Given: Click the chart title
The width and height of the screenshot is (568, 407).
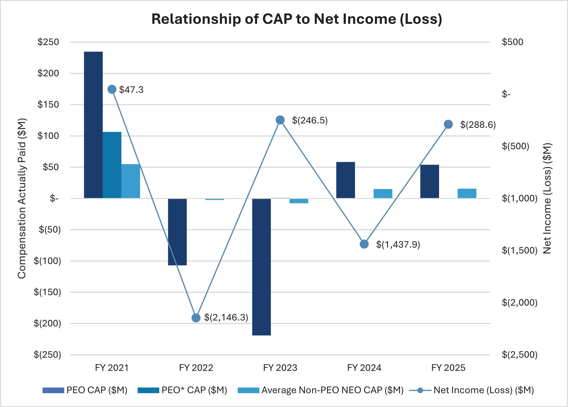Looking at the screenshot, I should [x=296, y=19].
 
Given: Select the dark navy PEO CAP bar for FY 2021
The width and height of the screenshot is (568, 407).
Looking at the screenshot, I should [x=93, y=125].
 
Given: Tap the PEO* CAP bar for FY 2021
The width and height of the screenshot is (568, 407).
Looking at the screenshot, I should [x=112, y=165].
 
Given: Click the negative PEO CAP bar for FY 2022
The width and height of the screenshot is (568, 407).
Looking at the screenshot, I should [x=177, y=232].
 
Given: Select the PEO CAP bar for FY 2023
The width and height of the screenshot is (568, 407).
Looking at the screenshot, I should [x=261, y=267].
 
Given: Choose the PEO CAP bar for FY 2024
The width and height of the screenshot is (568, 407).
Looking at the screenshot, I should [x=346, y=180].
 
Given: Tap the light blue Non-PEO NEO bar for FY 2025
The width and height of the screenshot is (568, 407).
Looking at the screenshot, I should [x=467, y=193].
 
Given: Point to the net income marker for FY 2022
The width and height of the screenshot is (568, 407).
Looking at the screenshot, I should [x=196, y=318].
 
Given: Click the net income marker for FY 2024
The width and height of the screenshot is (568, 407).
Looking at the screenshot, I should [x=364, y=244].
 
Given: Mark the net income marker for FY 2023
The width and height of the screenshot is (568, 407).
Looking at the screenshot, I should [x=280, y=120].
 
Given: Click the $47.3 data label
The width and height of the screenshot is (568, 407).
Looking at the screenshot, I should [x=131, y=90].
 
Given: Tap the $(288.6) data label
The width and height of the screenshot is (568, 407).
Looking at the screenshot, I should [x=478, y=125].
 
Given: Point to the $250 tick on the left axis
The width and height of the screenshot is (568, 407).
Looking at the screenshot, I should [x=48, y=42].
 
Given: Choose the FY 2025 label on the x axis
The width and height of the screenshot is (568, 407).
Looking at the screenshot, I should [x=448, y=368].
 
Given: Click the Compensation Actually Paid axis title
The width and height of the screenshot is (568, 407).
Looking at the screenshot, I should [x=22, y=198].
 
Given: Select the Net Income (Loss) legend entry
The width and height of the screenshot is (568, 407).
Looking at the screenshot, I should [x=472, y=390].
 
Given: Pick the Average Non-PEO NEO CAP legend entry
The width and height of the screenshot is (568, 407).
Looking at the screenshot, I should [x=321, y=390].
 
